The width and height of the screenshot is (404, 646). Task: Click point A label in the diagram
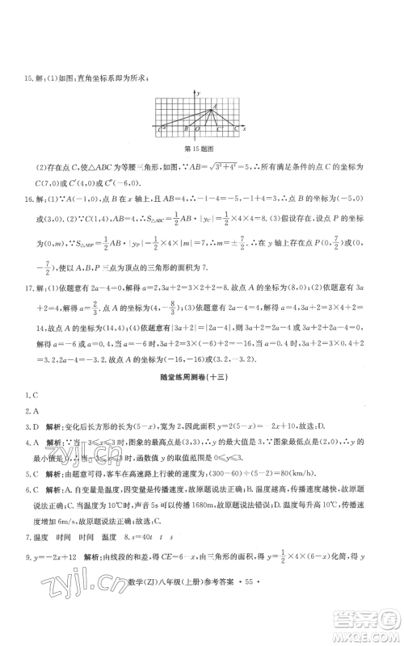215,106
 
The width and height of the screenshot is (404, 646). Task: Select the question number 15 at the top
27,78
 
